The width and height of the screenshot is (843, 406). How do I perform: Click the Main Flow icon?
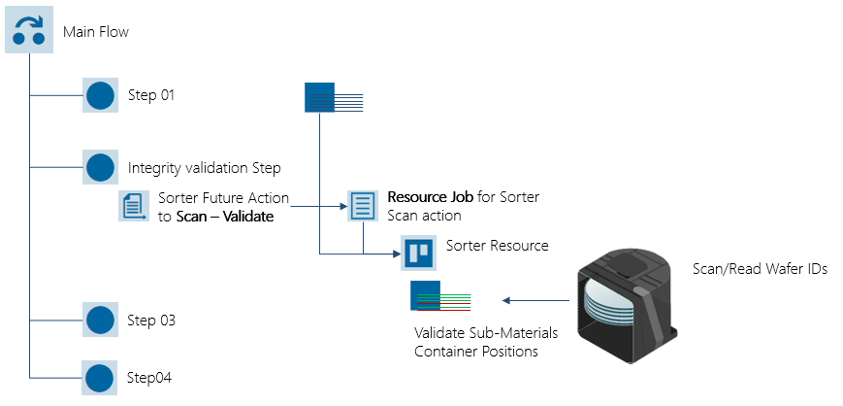point(30,30)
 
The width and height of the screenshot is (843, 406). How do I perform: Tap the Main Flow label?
point(95,32)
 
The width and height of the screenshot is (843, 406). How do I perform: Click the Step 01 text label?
point(151,95)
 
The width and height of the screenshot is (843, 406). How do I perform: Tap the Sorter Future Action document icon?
point(131,206)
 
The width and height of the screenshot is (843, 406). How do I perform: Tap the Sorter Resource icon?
point(418,253)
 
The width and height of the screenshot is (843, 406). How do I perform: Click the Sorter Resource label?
point(497,246)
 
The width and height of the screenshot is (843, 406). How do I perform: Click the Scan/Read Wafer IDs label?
point(759,269)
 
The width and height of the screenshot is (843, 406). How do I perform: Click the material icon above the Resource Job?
point(335,97)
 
